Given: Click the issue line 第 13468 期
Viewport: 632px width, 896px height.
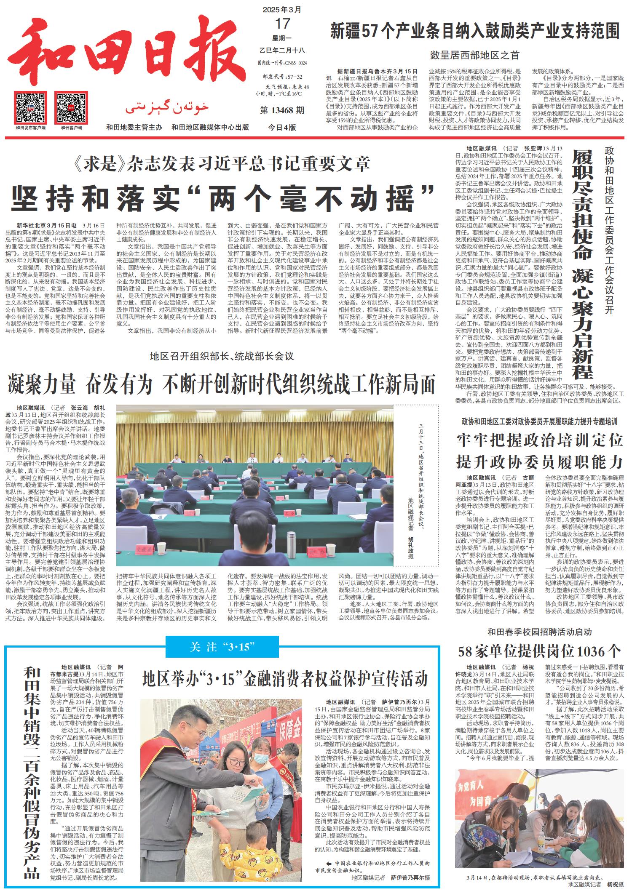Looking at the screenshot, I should pos(282,111).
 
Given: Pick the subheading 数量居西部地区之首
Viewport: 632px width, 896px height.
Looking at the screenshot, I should pos(475,55).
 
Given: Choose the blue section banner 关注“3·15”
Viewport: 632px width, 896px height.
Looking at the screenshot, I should pos(222,647).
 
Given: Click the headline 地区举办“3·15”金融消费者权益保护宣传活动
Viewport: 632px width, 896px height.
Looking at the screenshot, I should pos(285,679).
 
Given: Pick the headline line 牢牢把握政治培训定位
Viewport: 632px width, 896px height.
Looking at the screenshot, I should pos(539,440).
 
